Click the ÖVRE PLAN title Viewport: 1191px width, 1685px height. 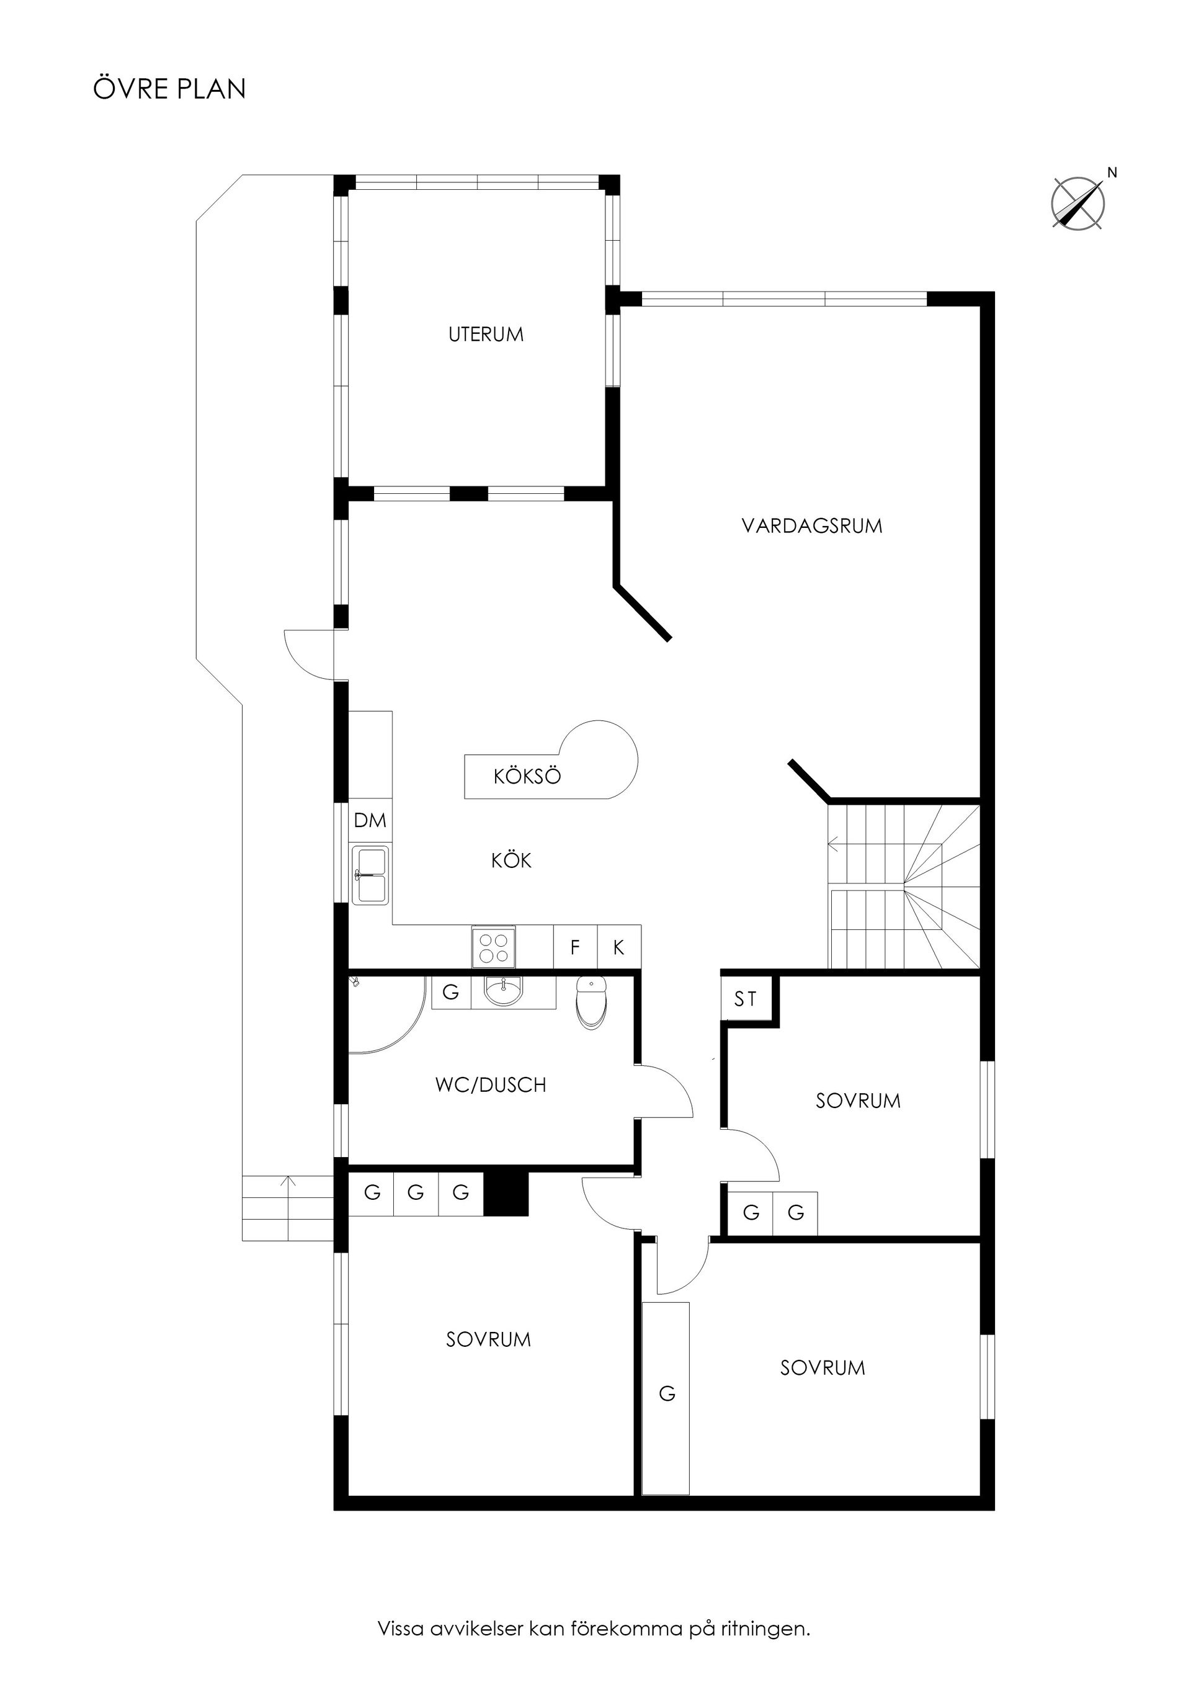click(169, 89)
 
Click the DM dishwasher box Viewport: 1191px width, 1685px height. click(370, 821)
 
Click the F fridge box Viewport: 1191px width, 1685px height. click(575, 947)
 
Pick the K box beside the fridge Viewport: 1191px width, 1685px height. click(618, 947)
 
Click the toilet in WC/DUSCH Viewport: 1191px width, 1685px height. click(591, 1003)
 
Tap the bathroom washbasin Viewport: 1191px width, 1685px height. click(504, 994)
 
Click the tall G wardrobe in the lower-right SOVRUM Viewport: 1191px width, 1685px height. click(666, 1398)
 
